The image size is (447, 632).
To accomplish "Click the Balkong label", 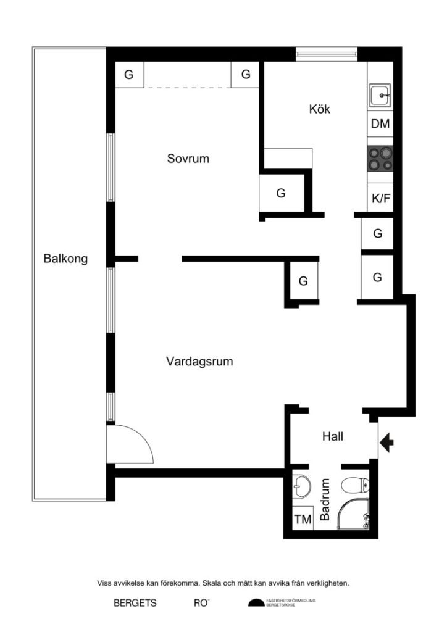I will [65, 259].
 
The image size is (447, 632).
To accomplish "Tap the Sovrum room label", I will [188, 159].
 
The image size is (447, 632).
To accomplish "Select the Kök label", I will [320, 109].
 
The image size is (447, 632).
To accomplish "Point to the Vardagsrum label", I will [199, 362].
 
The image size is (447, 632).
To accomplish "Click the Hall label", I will [333, 437].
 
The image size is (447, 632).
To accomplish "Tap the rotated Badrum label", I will [326, 501].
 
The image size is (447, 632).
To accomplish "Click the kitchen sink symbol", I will [380, 96].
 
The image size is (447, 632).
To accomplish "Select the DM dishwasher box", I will [380, 124].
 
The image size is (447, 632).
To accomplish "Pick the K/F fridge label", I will [380, 199].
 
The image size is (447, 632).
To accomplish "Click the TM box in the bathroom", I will [303, 520].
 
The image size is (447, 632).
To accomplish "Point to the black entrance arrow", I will [388, 442].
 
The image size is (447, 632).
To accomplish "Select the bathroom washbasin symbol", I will [302, 485].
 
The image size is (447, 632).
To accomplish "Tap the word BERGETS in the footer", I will [135, 604].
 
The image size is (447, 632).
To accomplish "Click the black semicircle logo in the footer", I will [256, 604].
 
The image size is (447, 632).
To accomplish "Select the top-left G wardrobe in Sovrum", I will [129, 75].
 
